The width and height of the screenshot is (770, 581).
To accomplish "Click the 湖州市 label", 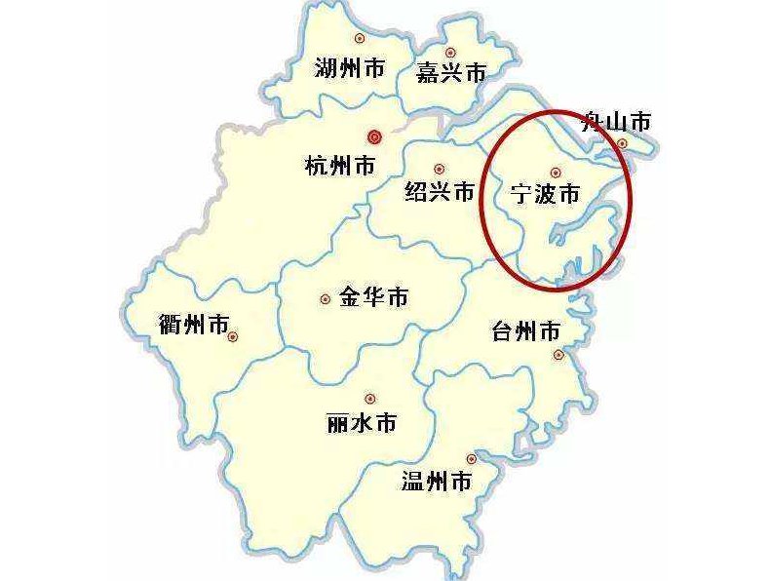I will (x=350, y=68).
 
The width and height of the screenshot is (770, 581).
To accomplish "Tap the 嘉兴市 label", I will (x=450, y=74).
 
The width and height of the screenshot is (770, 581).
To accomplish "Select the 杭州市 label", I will (x=339, y=166).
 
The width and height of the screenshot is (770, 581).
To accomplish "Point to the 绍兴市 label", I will (x=440, y=192).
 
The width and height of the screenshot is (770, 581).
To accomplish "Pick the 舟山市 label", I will (x=615, y=122).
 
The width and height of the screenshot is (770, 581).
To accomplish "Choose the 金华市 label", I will (x=373, y=298).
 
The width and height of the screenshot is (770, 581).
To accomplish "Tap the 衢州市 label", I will (x=193, y=324).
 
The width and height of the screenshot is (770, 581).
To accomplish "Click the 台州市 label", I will (x=527, y=331).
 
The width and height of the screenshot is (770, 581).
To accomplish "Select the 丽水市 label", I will (x=363, y=425).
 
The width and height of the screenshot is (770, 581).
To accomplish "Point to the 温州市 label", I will (x=437, y=481).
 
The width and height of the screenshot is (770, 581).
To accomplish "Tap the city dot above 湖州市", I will (x=359, y=38).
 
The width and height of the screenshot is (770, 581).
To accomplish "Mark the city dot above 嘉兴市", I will (x=449, y=52).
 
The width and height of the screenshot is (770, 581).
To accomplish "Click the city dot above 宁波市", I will (x=555, y=172).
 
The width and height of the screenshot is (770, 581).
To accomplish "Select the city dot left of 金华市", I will (x=325, y=299).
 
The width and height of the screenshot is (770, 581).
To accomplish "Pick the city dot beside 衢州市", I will (x=234, y=337).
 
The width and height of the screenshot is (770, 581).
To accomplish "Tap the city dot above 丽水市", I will (x=369, y=398).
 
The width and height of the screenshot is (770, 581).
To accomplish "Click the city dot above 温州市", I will (x=472, y=458).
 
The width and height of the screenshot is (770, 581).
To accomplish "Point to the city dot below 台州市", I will (x=558, y=355).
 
